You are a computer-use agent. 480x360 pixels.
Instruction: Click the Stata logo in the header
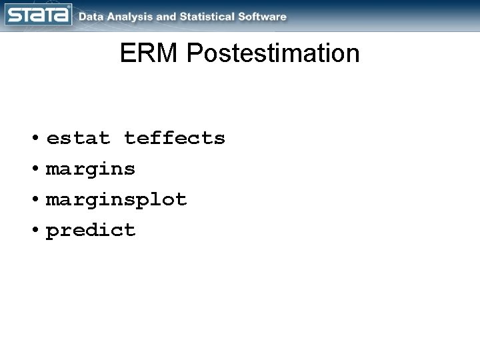(39, 15)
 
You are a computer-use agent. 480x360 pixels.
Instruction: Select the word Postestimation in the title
(273, 54)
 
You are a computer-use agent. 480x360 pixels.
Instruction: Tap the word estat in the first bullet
(78, 139)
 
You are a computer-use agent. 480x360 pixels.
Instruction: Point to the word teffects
(175, 139)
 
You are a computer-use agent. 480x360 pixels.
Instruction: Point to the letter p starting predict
(52, 233)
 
